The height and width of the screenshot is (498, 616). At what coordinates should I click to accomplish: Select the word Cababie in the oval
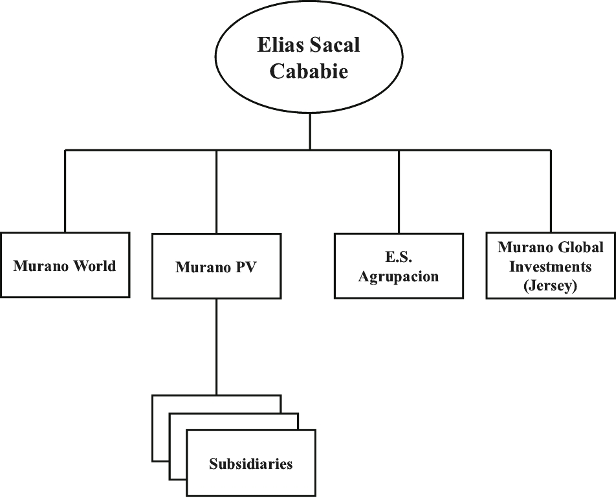309,71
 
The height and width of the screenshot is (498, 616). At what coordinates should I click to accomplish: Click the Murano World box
65,265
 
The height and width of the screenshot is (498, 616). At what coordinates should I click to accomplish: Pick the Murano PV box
216,266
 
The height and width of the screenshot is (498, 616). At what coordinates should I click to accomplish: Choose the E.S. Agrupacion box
399,266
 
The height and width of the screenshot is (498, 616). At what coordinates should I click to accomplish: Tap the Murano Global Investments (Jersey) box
551,266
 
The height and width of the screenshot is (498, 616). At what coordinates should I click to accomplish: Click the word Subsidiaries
250,464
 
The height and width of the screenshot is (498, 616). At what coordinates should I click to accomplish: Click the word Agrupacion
399,277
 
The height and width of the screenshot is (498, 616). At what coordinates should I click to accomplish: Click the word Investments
551,266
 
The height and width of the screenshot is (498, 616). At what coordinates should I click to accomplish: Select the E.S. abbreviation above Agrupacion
399,256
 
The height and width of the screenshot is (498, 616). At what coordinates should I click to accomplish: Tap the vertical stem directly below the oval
309,131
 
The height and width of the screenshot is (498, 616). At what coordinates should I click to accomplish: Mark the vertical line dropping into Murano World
65,191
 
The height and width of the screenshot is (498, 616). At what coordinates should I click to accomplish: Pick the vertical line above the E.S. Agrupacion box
399,191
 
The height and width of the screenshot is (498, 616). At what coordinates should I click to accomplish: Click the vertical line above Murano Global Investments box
551,191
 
